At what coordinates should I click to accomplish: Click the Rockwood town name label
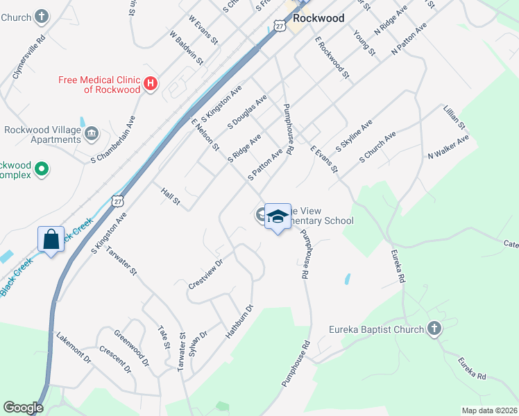click(x=318, y=19)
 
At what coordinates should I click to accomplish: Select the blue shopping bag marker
click(x=51, y=240)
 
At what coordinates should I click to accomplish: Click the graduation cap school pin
click(x=278, y=217)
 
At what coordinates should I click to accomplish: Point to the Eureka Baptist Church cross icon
click(x=434, y=329)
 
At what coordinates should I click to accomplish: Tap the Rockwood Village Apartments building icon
click(x=92, y=132)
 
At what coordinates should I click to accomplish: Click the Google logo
click(x=23, y=408)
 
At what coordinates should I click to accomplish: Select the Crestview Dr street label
click(x=205, y=275)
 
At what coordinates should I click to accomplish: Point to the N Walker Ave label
click(x=448, y=146)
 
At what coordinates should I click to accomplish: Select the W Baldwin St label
click(x=186, y=46)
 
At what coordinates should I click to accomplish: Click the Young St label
click(x=364, y=43)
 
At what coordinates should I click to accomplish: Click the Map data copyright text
click(x=488, y=410)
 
